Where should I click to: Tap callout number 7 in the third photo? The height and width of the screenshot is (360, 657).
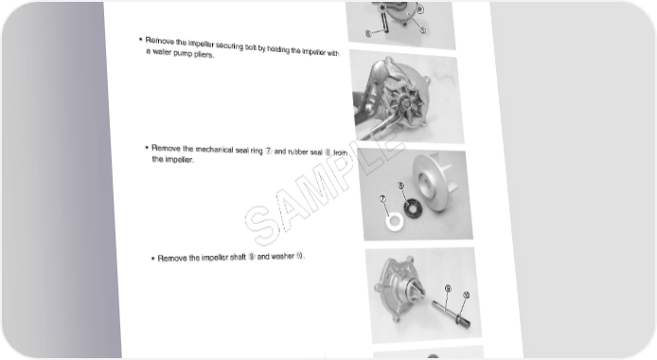coord(383,199)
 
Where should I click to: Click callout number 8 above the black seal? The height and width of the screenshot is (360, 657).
coord(401,186)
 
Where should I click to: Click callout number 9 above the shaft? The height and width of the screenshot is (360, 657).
coord(448,288)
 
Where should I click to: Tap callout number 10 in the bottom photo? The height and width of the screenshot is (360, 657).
coord(466,295)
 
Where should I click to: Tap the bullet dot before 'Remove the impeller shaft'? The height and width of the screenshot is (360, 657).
coord(153,259)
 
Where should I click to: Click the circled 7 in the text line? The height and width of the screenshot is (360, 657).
coord(269,151)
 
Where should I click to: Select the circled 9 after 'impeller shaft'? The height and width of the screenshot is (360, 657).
coord(252,257)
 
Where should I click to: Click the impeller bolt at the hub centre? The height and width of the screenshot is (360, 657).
coord(405,101)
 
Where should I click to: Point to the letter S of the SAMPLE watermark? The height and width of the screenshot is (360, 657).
coord(260,225)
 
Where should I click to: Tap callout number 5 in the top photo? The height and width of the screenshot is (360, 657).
coord(422,30)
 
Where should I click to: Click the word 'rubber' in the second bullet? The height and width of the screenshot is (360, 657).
coord(298,152)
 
